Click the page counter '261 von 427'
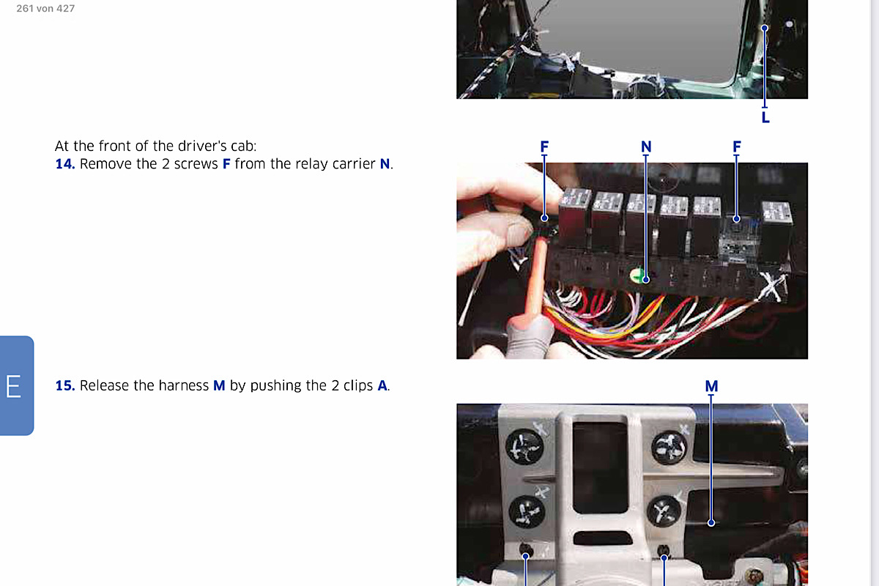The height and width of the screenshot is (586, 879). point(45,8)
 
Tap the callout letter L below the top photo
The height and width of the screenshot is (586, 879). point(765,117)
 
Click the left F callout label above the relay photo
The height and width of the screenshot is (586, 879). point(544,146)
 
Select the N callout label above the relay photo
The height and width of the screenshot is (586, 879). point(646,146)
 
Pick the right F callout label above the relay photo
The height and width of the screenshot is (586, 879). point(737,146)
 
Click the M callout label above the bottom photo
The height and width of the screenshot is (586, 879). point(711,386)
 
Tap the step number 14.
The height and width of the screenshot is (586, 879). point(65,163)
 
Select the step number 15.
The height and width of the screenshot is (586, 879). point(65,385)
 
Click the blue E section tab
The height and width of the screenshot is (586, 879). point(16,385)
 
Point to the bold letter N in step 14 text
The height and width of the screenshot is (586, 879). point(385,163)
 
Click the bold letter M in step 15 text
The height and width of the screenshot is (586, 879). point(219,385)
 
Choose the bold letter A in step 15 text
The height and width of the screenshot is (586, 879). point(382,385)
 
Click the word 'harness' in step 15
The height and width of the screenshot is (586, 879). point(183,385)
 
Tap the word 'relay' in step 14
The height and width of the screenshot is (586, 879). point(283,164)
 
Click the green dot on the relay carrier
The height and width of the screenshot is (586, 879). point(637,275)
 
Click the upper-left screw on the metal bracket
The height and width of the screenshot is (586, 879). point(524,447)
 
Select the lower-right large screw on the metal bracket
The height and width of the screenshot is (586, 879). point(664,511)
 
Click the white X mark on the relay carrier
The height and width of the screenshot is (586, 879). point(771,287)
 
